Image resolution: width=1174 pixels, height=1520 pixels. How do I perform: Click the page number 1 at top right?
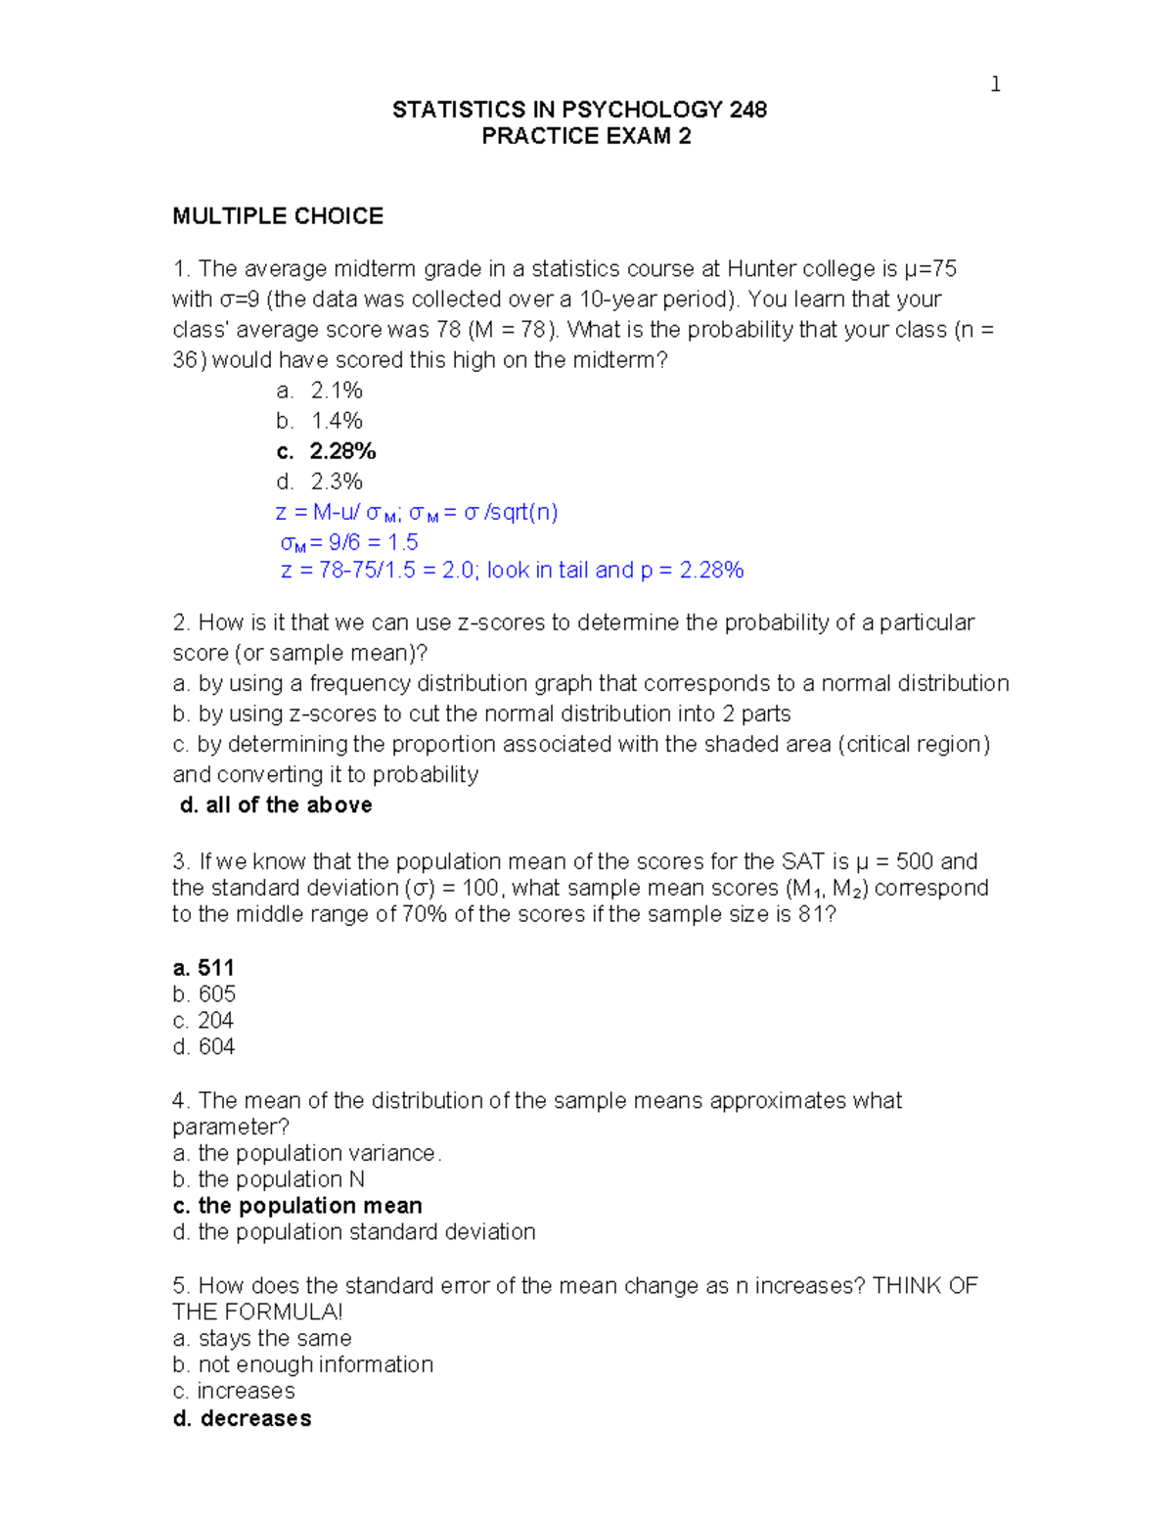[x=995, y=85]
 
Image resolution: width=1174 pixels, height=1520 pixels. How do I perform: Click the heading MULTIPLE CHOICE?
[x=278, y=216]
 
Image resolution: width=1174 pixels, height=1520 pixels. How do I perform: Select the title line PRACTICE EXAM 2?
[x=586, y=136]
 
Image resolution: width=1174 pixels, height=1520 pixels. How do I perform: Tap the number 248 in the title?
[x=747, y=110]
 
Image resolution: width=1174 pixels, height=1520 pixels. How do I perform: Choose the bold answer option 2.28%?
[x=342, y=451]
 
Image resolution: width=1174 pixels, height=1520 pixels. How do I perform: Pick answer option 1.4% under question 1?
[x=337, y=421]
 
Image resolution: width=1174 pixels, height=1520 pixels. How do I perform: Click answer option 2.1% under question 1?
[x=337, y=391]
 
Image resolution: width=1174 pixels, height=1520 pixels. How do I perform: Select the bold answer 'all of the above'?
[x=289, y=806]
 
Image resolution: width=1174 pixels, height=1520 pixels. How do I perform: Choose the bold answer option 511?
[x=215, y=968]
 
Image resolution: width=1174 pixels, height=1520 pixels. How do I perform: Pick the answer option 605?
[x=216, y=994]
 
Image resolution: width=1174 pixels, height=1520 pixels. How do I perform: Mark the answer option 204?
[x=215, y=1021]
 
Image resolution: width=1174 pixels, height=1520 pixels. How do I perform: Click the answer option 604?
[x=216, y=1047]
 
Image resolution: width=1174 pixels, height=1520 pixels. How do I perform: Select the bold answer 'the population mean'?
[x=309, y=1206]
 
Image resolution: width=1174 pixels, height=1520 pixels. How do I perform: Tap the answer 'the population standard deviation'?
[x=366, y=1232]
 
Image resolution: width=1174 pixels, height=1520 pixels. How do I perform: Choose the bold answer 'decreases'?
[x=255, y=1418]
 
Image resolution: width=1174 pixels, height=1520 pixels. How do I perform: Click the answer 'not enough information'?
[x=315, y=1364]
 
